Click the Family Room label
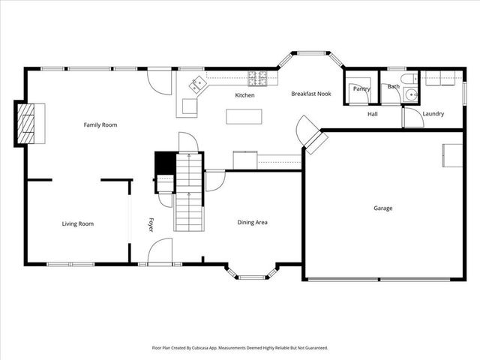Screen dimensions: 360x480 [x=100, y=125]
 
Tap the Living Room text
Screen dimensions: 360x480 [x=77, y=223]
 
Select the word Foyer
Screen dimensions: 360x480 [x=151, y=224]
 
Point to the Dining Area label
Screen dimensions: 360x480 [x=253, y=222]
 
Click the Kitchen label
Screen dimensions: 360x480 [x=244, y=95]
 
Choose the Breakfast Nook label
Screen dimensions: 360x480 [x=311, y=94]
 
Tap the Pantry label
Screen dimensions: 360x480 [x=361, y=88]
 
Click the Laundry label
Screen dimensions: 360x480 [x=433, y=114]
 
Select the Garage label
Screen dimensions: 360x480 [x=382, y=208]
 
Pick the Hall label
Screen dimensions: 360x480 [x=372, y=114]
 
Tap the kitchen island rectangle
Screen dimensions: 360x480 [x=244, y=116]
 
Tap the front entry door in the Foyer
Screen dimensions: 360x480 [x=160, y=252]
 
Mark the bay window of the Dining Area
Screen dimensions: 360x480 [x=252, y=274]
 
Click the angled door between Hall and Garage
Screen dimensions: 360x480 [x=310, y=134]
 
